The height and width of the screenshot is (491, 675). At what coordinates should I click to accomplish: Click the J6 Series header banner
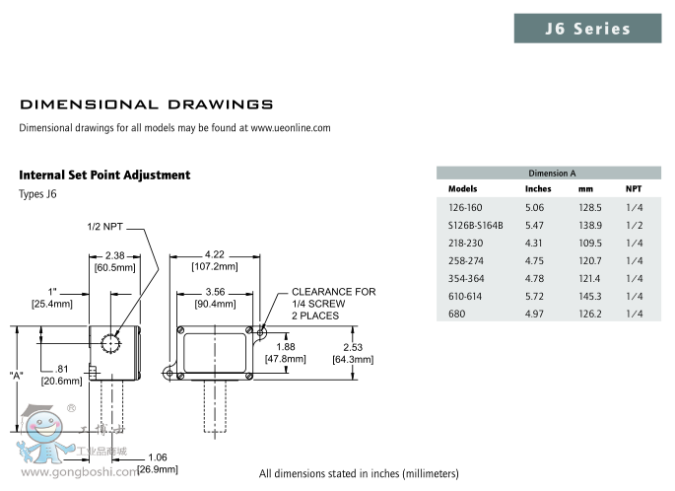click(x=588, y=29)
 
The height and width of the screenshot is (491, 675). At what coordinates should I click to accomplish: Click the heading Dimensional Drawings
click(x=146, y=104)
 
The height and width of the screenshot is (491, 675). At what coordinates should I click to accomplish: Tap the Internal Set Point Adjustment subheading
click(x=104, y=175)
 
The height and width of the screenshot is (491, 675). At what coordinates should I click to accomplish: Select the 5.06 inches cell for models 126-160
click(x=535, y=207)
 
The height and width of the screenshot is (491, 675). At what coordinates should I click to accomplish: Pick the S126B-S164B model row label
click(x=475, y=225)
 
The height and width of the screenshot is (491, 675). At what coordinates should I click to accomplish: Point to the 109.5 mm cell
click(x=590, y=243)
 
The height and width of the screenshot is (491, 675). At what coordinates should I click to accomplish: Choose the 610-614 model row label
click(x=464, y=296)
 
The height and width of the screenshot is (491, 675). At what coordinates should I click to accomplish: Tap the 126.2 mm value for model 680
click(x=590, y=314)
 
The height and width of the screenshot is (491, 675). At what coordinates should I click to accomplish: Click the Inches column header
click(x=538, y=188)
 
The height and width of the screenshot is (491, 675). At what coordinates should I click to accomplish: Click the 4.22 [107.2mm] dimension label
click(x=214, y=260)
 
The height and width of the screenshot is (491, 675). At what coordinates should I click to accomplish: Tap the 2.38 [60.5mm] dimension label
click(x=114, y=260)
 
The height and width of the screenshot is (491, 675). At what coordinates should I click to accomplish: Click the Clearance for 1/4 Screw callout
click(x=333, y=304)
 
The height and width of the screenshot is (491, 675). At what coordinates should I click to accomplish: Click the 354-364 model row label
click(x=464, y=278)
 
